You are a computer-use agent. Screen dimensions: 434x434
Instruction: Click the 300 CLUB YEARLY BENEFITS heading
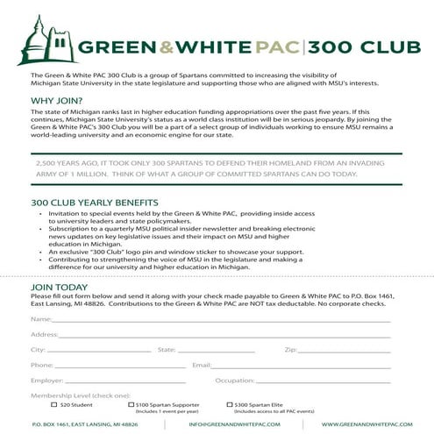pyautogui.click(x=90, y=202)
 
